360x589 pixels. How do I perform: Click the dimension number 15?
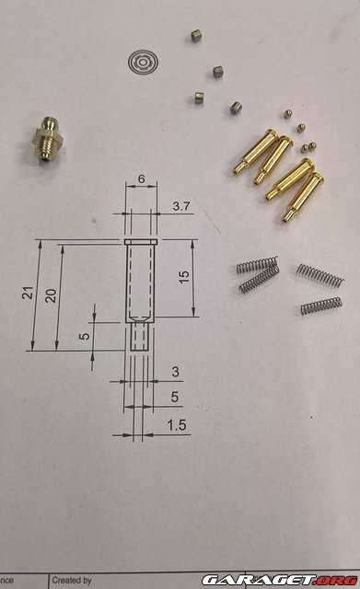click(x=186, y=277)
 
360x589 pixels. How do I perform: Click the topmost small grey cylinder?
click(x=195, y=37)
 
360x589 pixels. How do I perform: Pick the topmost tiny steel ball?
click(x=288, y=112)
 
